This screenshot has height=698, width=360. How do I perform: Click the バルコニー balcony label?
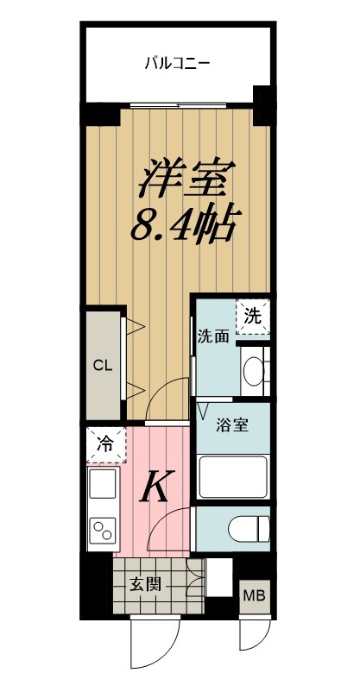pos(177,63)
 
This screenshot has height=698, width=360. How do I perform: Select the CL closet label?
pos(103,366)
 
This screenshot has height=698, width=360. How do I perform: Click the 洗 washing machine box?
pos(252,316)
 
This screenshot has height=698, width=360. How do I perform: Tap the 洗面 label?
pos(212,336)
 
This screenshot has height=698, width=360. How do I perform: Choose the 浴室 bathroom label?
pos(232,425)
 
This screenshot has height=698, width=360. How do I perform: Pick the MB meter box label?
pos(253,596)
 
